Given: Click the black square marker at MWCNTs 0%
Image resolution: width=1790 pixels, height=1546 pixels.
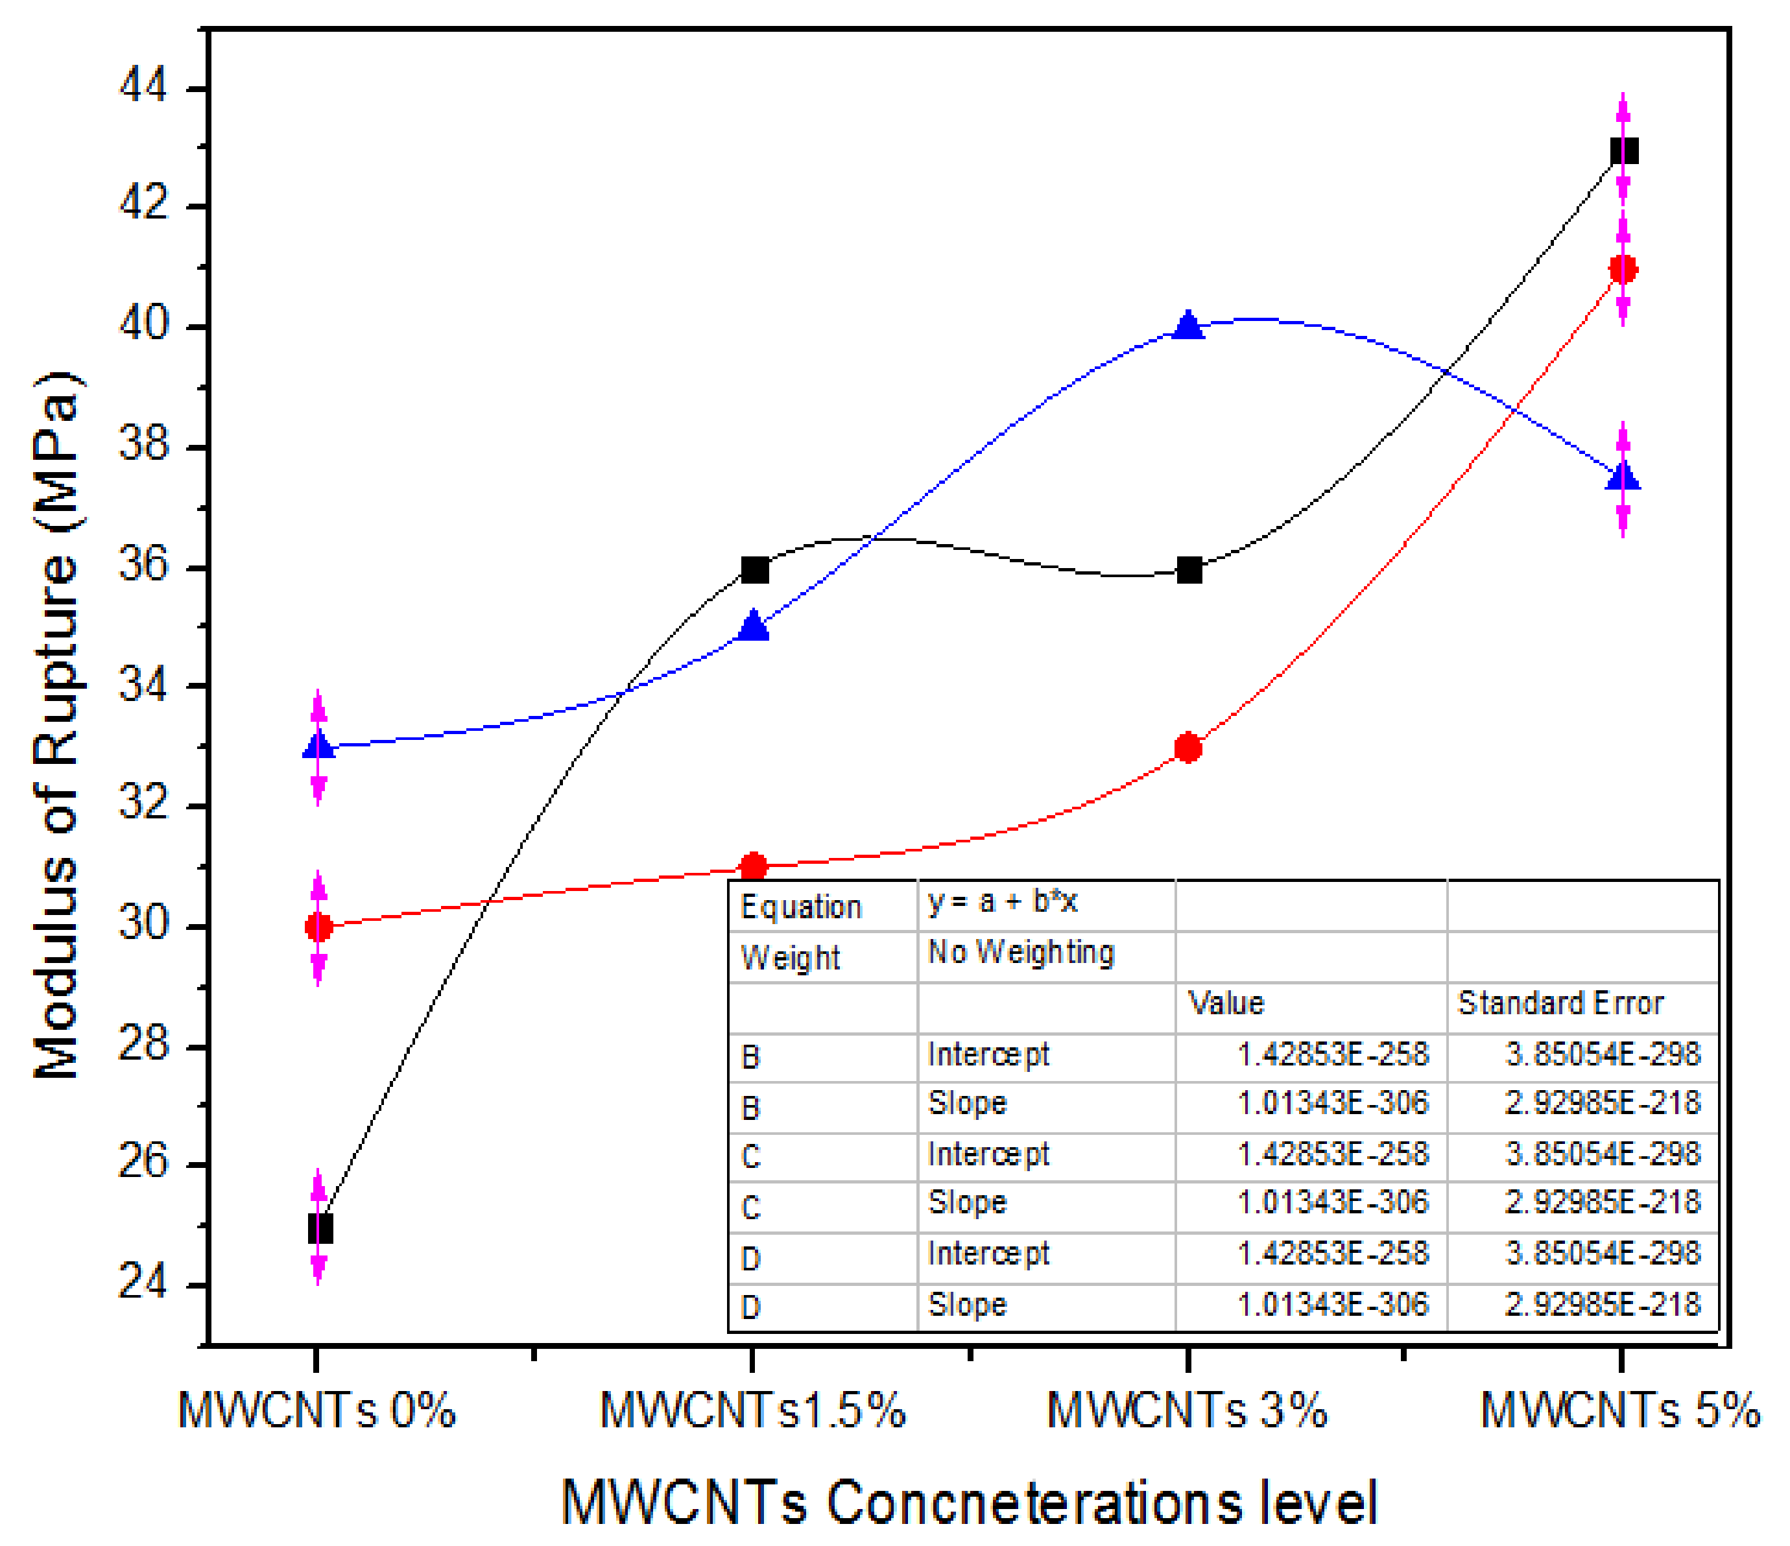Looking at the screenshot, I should [x=320, y=1228].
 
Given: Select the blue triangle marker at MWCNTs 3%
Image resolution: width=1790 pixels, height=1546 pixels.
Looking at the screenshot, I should [x=1189, y=326].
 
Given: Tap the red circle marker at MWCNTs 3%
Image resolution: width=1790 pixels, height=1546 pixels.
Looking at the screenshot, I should [x=1189, y=747].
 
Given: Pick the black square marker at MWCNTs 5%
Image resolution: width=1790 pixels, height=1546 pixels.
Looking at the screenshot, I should [x=1624, y=151].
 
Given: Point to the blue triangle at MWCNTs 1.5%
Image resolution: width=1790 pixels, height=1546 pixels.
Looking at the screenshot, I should [x=754, y=625].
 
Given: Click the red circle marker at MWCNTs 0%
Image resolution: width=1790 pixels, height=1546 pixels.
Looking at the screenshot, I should [x=319, y=927].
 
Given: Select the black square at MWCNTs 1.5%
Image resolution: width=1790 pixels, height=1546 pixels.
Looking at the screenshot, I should [x=755, y=570].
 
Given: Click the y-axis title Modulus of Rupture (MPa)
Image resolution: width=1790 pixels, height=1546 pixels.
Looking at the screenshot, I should [x=57, y=726].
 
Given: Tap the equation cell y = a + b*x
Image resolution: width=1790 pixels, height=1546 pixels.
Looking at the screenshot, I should [x=1002, y=903].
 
